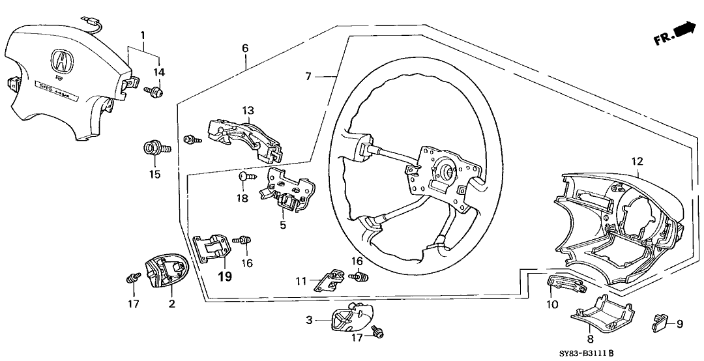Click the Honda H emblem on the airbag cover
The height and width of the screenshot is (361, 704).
pyautogui.click(x=63, y=63)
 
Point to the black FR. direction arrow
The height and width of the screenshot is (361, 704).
pyautogui.click(x=683, y=30)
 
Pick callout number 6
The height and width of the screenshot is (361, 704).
pyautogui.click(x=245, y=48)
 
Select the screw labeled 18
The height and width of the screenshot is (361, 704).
pyautogui.click(x=243, y=175)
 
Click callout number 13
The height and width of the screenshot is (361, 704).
pyautogui.click(x=248, y=110)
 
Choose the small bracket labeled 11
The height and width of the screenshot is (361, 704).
pyautogui.click(x=331, y=278)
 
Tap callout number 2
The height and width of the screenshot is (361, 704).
pyautogui.click(x=172, y=304)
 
